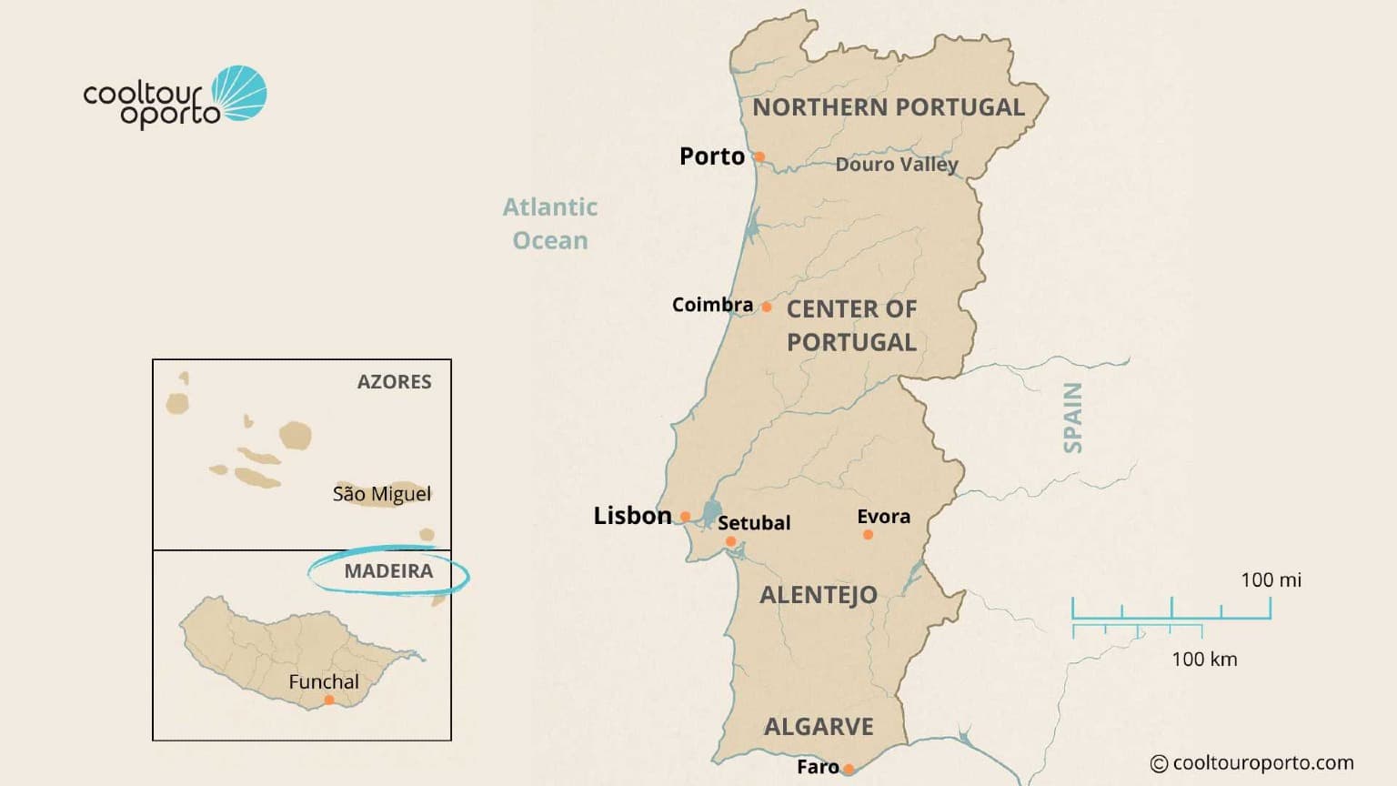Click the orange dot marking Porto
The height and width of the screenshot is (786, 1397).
tap(759, 156)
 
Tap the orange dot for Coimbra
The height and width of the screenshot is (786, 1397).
tap(767, 307)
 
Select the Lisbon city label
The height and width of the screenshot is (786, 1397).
tap(632, 516)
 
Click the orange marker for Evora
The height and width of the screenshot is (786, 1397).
tap(868, 535)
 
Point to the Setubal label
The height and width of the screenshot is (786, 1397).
tap(754, 523)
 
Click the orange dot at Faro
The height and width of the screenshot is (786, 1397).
tap(849, 769)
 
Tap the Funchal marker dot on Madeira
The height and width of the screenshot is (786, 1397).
tap(329, 700)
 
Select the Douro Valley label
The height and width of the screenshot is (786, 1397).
tap(897, 165)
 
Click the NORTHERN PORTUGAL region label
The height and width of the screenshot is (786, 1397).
tap(889, 107)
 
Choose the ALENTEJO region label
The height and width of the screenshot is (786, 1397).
tap(819, 595)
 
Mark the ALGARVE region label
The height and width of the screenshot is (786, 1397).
tap(819, 727)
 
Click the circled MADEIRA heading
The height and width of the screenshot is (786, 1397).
tap(388, 571)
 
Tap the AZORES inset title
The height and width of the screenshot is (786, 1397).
tap(394, 382)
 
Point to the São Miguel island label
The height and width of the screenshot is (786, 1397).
tap(382, 494)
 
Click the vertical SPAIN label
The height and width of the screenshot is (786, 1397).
tap(1073, 418)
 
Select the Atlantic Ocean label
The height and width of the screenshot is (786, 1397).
tap(550, 224)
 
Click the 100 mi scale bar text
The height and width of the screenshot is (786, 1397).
tap(1271, 579)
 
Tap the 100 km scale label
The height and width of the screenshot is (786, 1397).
tap(1204, 660)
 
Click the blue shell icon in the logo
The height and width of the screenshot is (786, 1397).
tap(240, 93)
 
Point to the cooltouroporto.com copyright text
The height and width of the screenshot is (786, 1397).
tap(1252, 763)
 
